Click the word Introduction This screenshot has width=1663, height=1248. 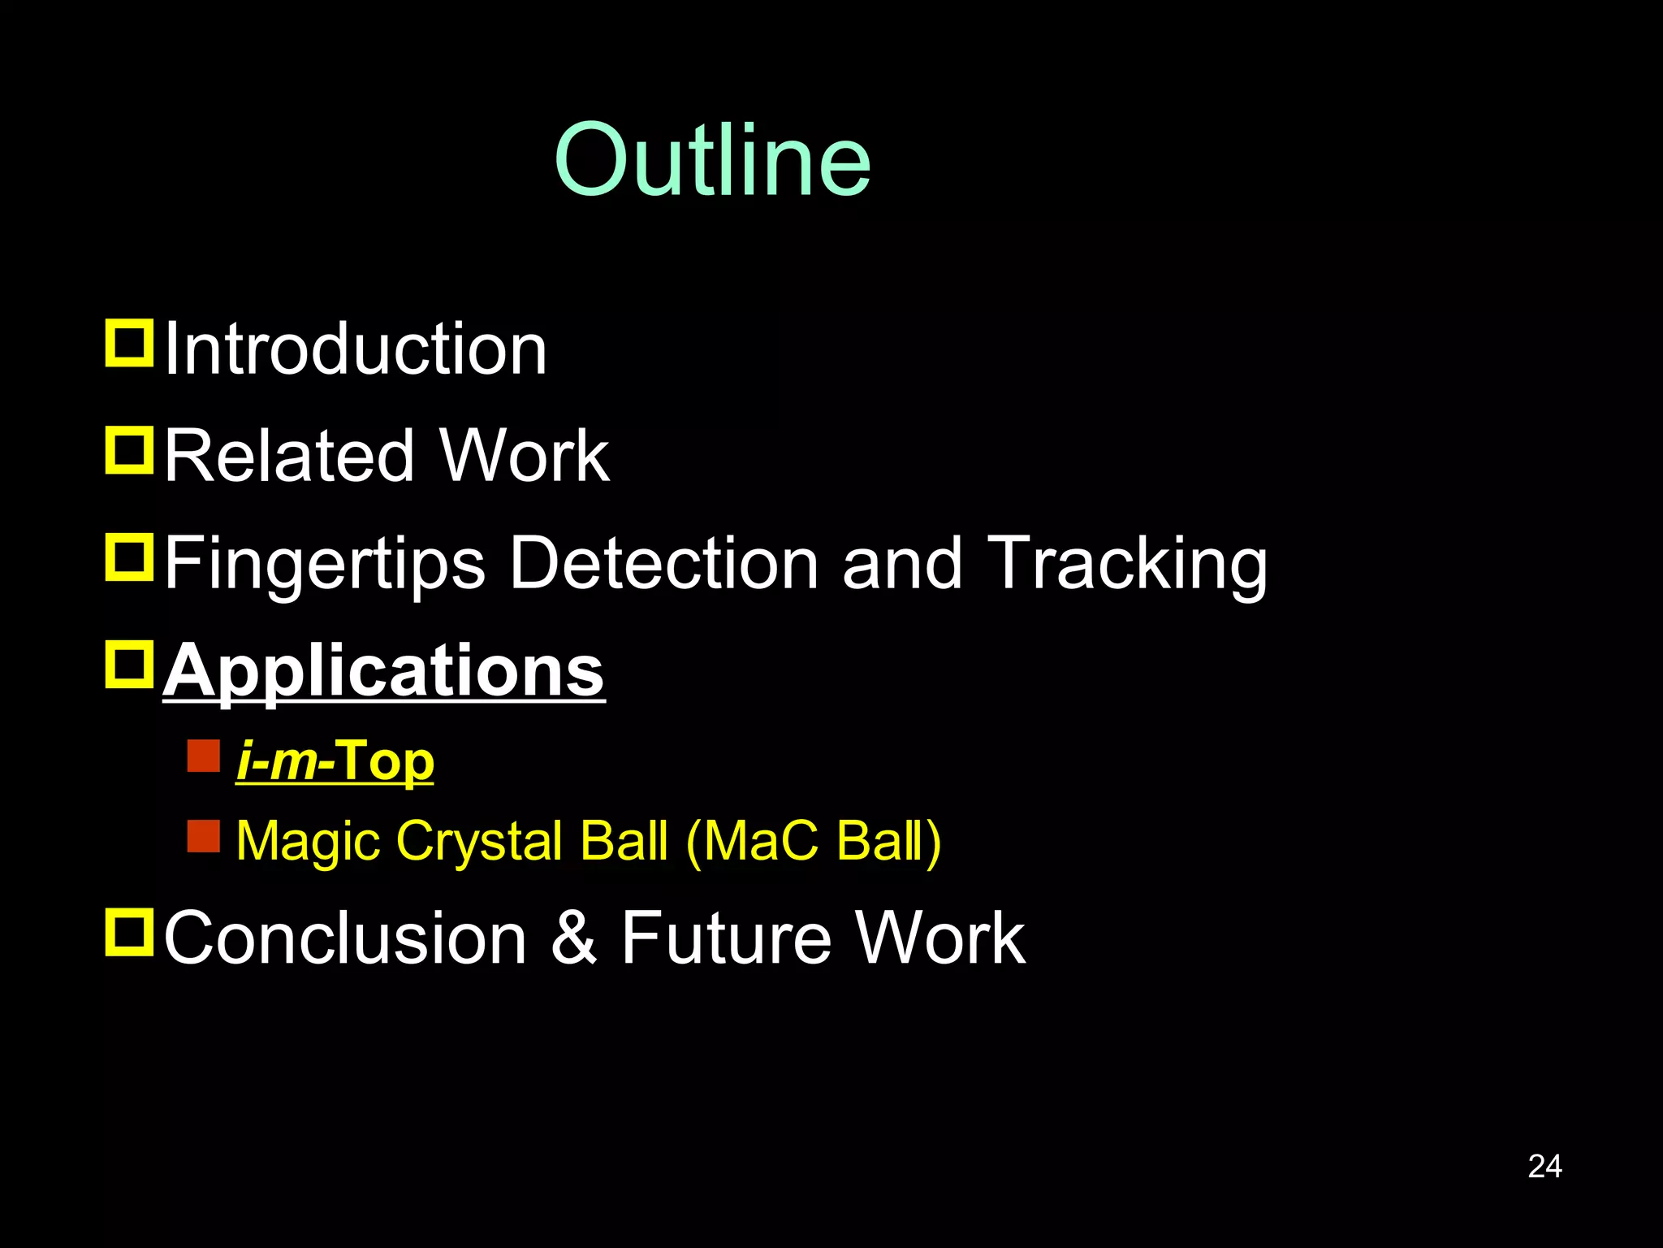pyautogui.click(x=356, y=349)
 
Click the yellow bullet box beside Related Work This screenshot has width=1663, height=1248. pyautogui.click(x=129, y=450)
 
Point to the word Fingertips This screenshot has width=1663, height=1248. pyautogui.click(x=325, y=564)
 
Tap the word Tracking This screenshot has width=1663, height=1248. pyautogui.click(x=1129, y=564)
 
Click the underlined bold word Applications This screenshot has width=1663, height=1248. pyautogui.click(x=383, y=671)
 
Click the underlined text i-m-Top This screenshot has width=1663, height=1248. pyautogui.click(x=335, y=762)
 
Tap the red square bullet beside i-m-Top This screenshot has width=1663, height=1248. pyautogui.click(x=203, y=756)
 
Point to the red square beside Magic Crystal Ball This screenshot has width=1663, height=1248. pyautogui.click(x=203, y=835)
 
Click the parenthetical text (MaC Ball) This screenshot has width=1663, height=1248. pyautogui.click(x=814, y=840)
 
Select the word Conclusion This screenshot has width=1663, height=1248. pyautogui.click(x=346, y=938)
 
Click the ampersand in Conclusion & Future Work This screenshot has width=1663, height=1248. pyautogui.click(x=574, y=938)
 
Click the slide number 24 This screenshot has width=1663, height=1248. pyautogui.click(x=1544, y=1166)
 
